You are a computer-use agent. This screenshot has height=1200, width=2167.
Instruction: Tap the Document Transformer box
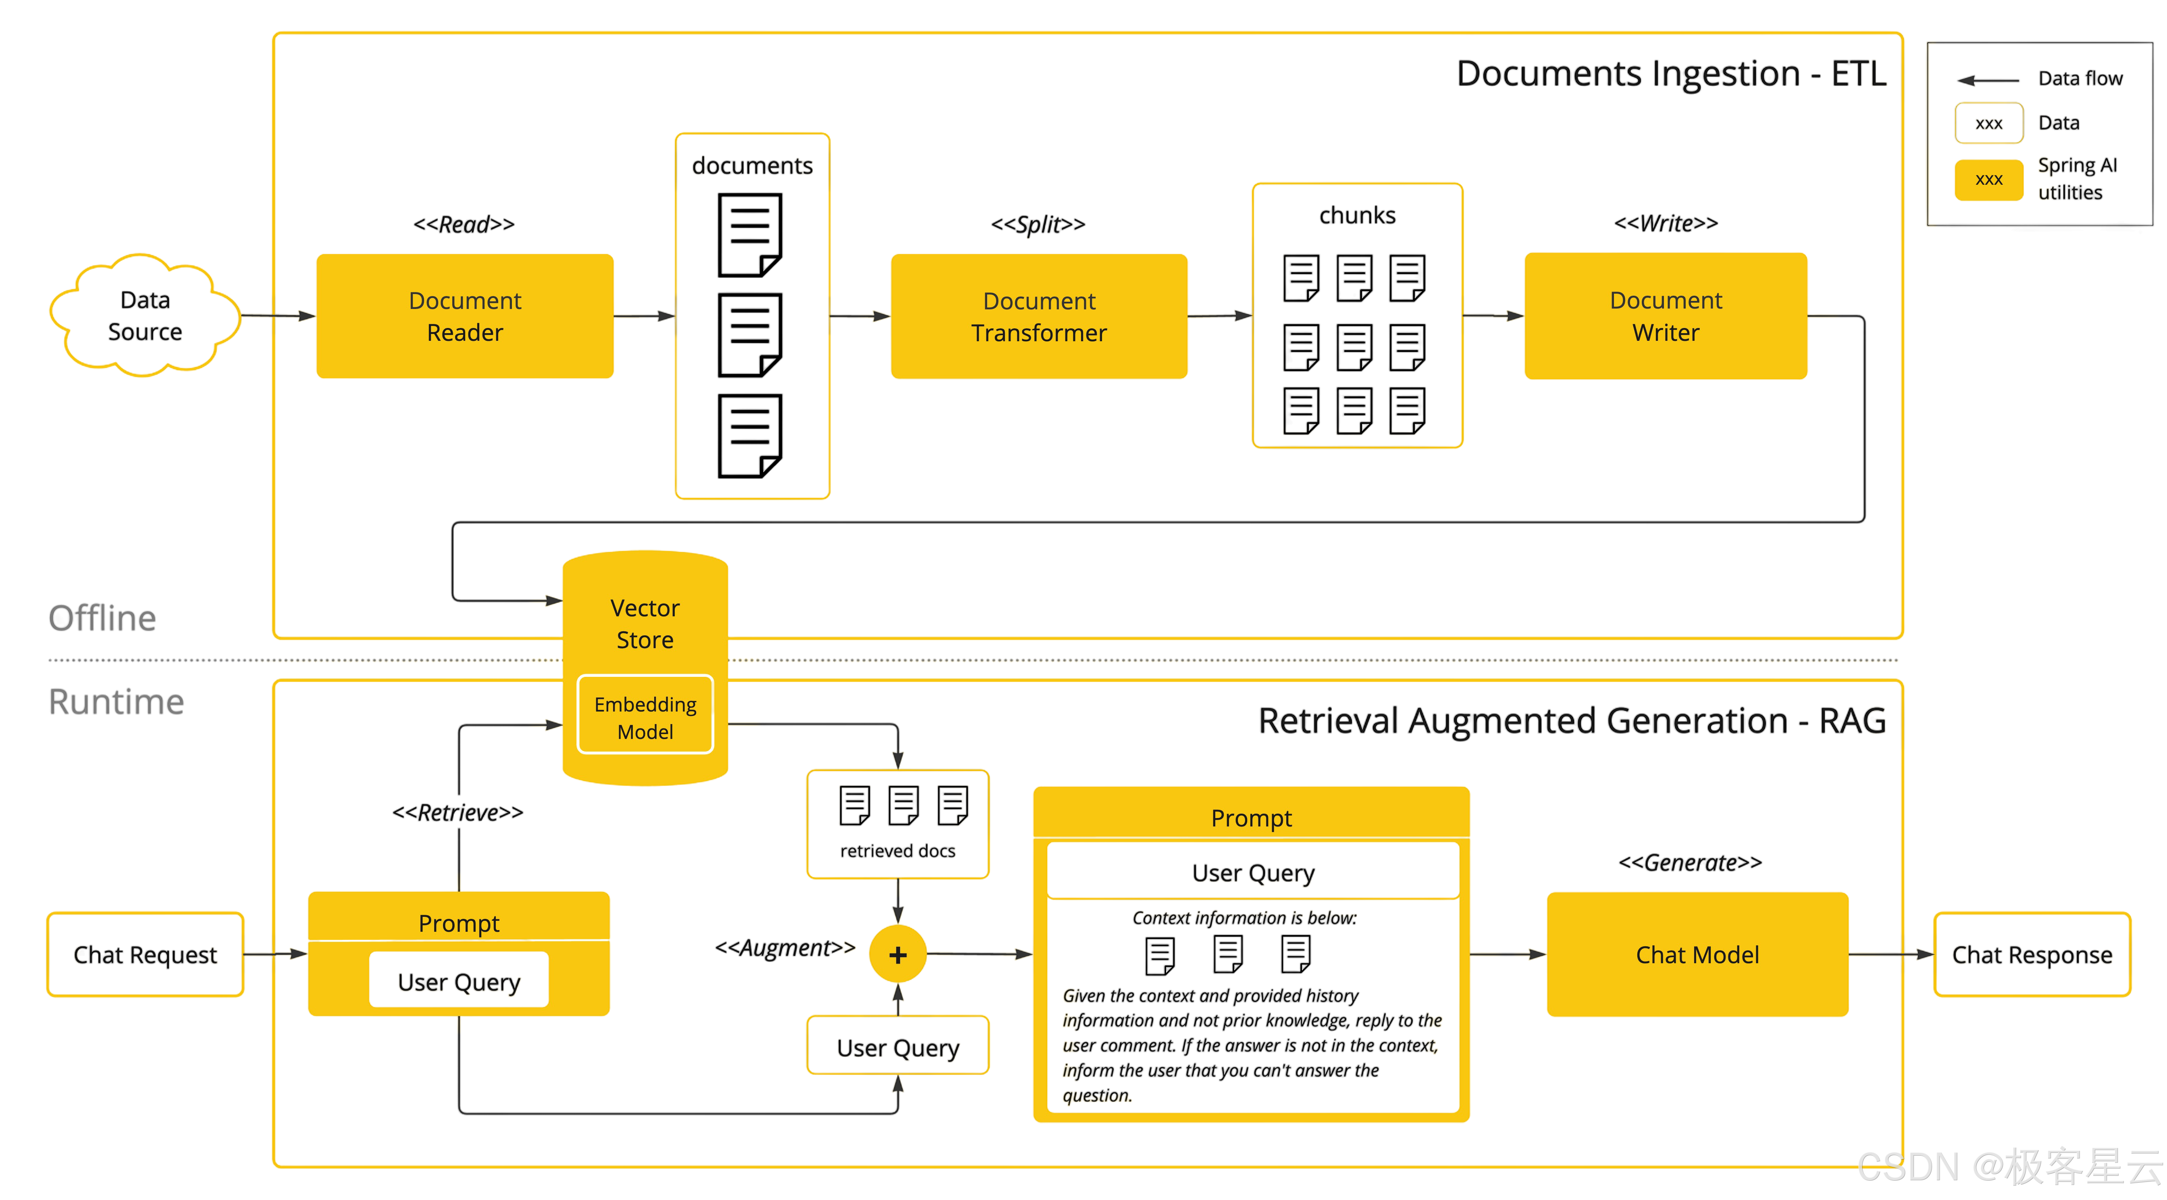1039,316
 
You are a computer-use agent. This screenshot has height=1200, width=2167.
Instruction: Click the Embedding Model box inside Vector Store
645,717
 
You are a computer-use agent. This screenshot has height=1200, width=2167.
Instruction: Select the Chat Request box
146,954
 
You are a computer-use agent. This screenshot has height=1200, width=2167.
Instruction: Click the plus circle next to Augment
898,954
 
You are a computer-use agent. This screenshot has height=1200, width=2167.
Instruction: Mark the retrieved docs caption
898,851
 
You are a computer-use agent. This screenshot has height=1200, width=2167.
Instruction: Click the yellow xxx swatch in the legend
1989,179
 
